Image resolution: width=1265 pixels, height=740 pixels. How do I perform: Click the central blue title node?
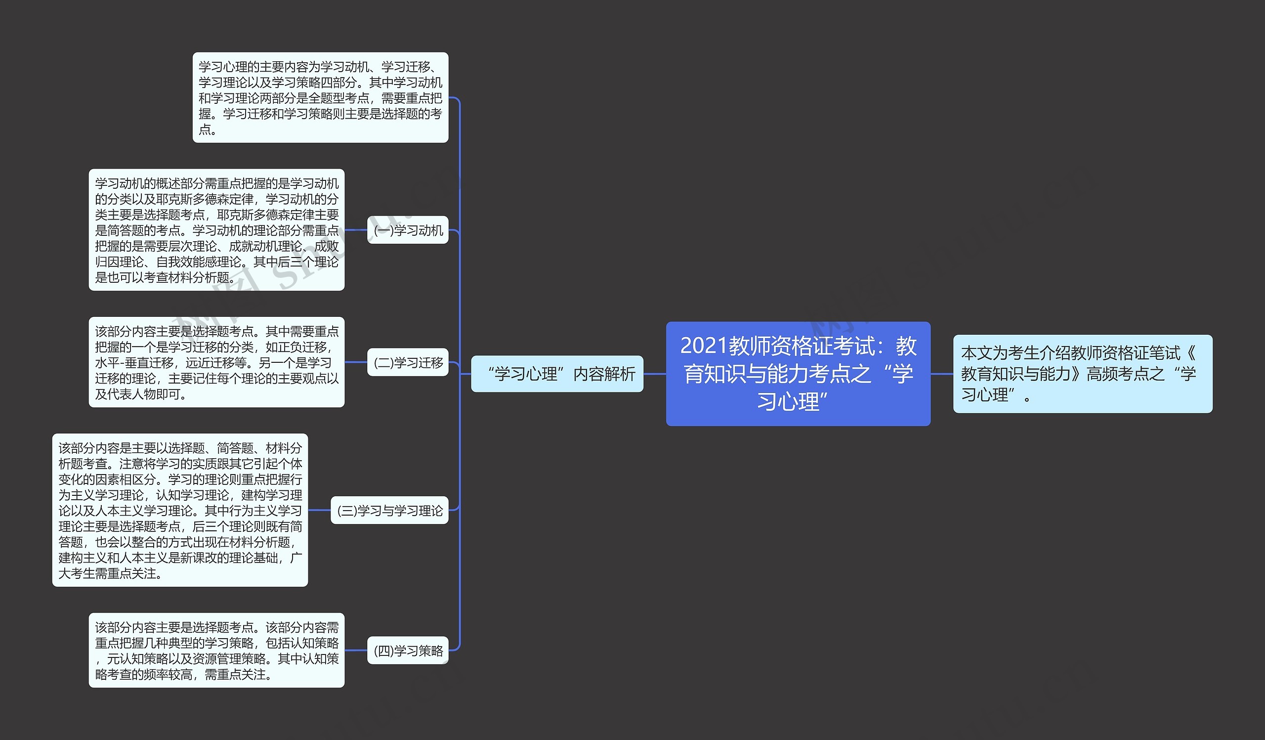point(798,374)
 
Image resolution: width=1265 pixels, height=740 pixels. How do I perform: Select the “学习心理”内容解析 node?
point(557,374)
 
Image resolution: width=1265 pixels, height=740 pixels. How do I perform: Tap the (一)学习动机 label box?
point(408,230)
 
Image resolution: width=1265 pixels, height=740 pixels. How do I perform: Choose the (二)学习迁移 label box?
point(408,362)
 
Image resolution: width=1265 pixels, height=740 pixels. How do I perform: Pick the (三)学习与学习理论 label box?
point(389,510)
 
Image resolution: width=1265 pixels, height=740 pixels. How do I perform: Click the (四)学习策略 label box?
point(408,650)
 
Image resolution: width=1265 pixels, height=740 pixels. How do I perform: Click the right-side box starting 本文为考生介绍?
point(1082,374)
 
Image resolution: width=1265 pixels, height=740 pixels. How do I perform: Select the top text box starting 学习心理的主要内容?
point(320,97)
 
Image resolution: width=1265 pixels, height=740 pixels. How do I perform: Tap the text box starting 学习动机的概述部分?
point(216,230)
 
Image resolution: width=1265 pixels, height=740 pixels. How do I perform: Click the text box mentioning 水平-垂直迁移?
point(216,362)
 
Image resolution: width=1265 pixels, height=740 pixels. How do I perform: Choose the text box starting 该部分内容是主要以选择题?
point(180,510)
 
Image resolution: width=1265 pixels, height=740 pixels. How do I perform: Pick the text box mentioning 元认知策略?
point(216,650)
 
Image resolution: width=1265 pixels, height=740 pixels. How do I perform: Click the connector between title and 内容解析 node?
point(655,374)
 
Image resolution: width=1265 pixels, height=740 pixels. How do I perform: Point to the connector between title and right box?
point(942,374)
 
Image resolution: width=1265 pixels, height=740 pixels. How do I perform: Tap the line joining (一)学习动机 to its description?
point(356,230)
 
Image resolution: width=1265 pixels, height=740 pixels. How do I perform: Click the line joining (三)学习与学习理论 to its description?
point(319,510)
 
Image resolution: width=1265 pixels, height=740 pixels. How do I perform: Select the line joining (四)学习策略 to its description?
point(356,650)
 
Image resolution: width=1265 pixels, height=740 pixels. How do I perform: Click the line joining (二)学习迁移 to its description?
point(356,362)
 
